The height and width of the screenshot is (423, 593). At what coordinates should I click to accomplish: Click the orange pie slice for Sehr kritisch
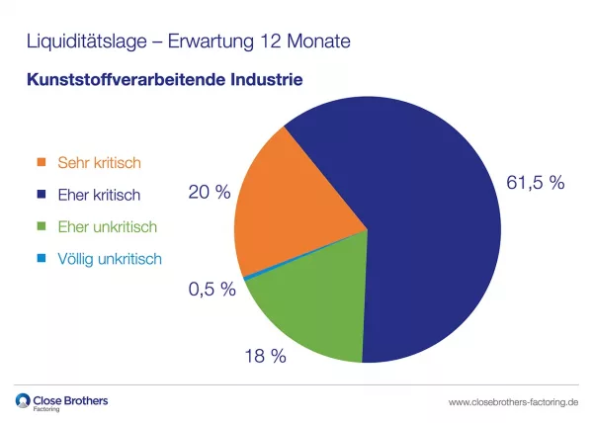pos(292,198)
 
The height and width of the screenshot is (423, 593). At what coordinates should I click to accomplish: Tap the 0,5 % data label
pos(212,290)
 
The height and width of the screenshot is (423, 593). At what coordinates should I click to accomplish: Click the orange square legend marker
pos(42,162)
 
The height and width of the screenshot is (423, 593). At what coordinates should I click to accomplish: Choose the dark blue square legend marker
pos(42,195)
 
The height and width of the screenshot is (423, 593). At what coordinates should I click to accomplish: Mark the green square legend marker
pos(42,227)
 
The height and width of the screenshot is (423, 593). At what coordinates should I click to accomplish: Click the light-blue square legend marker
pos(42,260)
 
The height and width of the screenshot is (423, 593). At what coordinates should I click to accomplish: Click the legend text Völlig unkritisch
pos(110,260)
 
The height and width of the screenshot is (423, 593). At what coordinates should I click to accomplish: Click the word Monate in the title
pos(317,42)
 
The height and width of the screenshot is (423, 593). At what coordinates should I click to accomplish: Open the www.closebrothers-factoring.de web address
pos(513,403)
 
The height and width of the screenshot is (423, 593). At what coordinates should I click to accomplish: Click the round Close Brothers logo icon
pos(24,401)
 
